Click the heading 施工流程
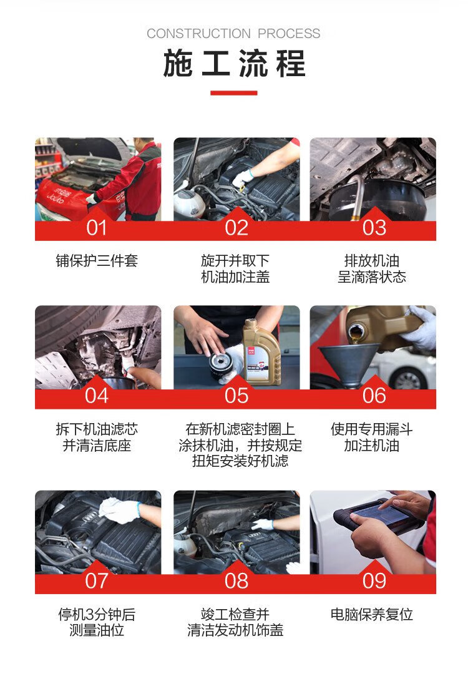(234, 64)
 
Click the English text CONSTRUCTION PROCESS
(233, 34)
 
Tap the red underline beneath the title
(234, 92)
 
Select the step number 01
(96, 228)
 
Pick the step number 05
(236, 396)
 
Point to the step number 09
(374, 581)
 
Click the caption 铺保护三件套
(97, 261)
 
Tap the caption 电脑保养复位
(372, 615)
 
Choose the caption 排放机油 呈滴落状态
(372, 269)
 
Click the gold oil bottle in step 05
(261, 353)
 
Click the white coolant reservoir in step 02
(188, 203)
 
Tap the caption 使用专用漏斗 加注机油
(372, 437)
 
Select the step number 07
(96, 581)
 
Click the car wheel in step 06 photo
(407, 379)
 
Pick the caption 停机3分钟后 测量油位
(97, 622)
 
